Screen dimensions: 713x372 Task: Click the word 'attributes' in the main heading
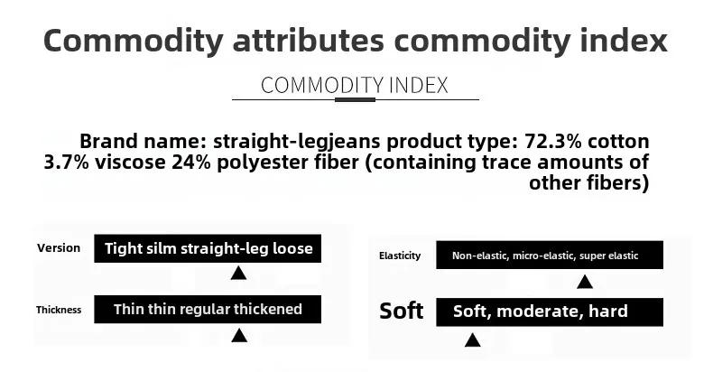(x=309, y=41)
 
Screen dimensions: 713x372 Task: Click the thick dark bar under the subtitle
(x=355, y=99)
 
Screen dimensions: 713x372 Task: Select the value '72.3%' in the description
(x=553, y=142)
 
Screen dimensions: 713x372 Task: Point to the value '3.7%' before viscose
(x=67, y=163)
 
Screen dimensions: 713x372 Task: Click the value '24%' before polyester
(x=191, y=163)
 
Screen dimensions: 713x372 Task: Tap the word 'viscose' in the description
(x=130, y=163)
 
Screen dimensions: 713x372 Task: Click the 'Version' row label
(x=59, y=248)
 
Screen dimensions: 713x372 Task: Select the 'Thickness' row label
(x=59, y=311)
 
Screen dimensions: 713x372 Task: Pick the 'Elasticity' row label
(x=400, y=256)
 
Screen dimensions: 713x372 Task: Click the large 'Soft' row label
(x=401, y=312)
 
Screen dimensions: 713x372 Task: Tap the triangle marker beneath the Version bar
(x=239, y=273)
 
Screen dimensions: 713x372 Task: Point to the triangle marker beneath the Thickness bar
(x=239, y=336)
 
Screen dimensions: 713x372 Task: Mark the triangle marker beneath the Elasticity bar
(x=585, y=282)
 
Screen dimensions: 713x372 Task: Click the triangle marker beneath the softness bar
(x=472, y=340)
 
